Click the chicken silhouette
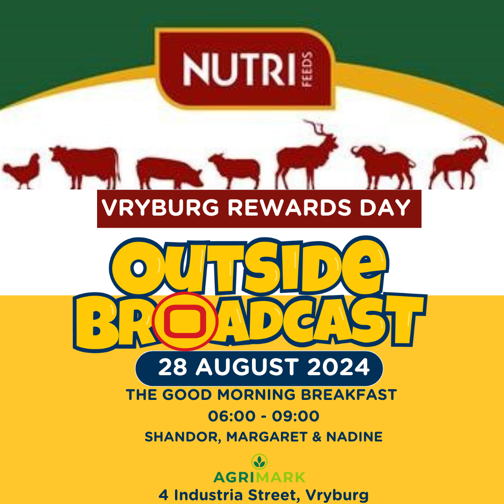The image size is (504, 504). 22,171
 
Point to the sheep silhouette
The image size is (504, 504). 235,171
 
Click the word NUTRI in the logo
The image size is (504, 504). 239,70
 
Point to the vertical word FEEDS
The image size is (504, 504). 307,70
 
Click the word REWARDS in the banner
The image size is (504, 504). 289,208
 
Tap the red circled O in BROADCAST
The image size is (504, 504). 185,321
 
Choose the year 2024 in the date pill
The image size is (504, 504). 338,367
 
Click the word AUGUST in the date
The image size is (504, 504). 246,367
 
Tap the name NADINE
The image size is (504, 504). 355,437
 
